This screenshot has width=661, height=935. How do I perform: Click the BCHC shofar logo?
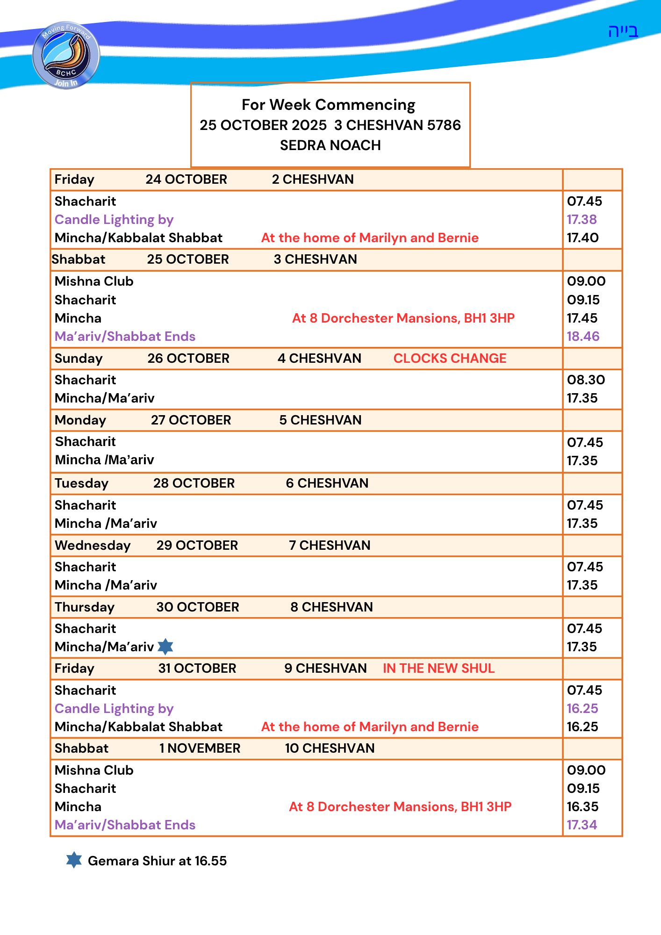pos(66,55)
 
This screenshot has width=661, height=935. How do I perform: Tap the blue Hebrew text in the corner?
pos(623,31)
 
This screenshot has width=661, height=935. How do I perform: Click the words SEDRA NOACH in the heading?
pos(330,145)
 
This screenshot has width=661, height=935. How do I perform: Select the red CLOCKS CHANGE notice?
pos(450,359)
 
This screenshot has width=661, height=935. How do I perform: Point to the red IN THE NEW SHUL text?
pos(438,669)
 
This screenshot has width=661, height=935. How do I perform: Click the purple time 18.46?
pos(583,337)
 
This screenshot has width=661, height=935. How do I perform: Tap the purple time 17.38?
pos(582,220)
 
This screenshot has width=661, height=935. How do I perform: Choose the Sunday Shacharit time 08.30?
pos(586,380)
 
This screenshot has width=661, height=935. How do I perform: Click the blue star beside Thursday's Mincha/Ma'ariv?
pos(165,647)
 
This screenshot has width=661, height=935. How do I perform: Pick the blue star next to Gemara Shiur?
pos(74,860)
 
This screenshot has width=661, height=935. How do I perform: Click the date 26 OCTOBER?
pos(188,359)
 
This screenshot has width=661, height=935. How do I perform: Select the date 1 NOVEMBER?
pos(200,748)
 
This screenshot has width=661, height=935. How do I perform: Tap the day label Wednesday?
pos(93,546)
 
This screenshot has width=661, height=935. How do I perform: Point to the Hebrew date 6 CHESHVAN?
pos(327,483)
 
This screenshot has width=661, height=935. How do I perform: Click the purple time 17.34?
pos(582,825)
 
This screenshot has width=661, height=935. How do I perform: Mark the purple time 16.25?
pos(582,709)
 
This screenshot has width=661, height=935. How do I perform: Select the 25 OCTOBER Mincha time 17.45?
pos(582,318)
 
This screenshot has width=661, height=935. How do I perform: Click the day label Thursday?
pos(85,607)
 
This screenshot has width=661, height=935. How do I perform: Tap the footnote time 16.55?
pos(210,861)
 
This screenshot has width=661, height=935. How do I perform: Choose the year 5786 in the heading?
pos(444,125)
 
